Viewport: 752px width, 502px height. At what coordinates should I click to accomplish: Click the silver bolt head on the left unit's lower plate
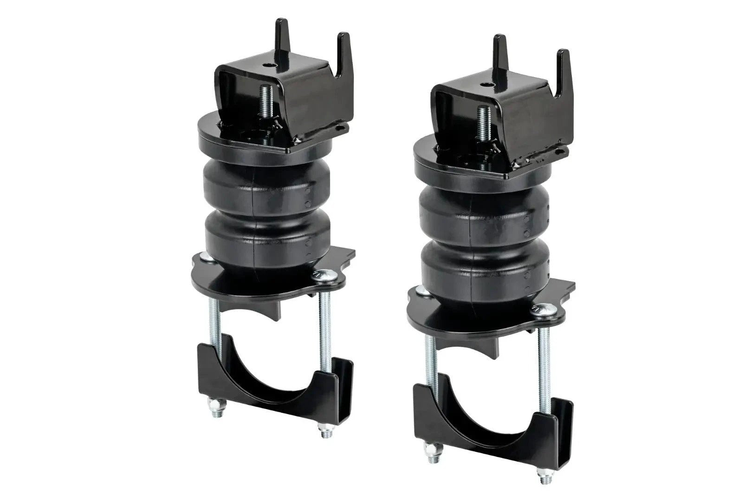[321, 275]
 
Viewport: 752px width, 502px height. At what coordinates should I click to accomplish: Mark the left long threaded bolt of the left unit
[211, 325]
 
